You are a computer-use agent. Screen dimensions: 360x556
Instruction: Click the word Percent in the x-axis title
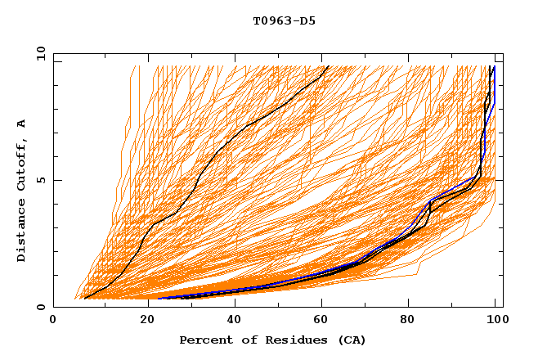pyautogui.click(x=204, y=340)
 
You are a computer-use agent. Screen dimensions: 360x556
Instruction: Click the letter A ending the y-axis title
pyautogui.click(x=21, y=124)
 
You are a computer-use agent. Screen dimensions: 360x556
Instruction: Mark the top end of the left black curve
pyautogui.click(x=327, y=66)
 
